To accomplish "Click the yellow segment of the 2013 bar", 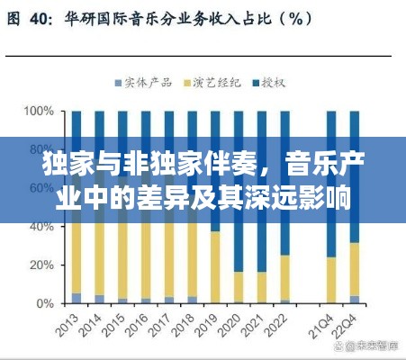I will tap(77, 261).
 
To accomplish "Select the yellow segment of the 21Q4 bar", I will tap(332, 280).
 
